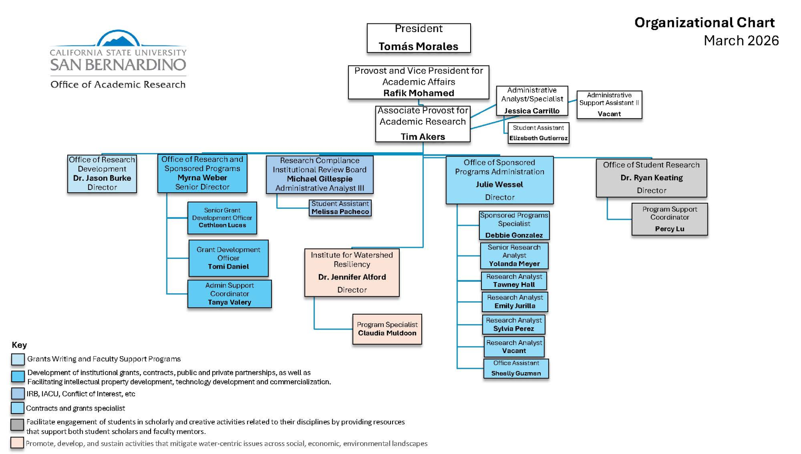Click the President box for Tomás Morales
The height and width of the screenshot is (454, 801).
click(418, 38)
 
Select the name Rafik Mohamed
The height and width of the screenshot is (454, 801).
click(418, 93)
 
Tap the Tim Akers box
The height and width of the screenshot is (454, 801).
click(423, 124)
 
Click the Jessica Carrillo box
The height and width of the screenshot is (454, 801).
click(532, 101)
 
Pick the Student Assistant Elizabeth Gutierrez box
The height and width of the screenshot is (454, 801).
click(538, 133)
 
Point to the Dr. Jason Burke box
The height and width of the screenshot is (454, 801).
click(102, 174)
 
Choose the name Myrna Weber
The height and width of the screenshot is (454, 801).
click(202, 178)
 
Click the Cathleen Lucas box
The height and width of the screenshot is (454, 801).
click(222, 218)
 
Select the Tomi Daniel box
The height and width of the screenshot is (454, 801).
click(228, 258)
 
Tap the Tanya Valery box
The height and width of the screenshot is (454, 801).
click(229, 294)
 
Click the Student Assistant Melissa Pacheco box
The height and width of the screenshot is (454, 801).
click(340, 208)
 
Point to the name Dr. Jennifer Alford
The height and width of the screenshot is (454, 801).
click(352, 277)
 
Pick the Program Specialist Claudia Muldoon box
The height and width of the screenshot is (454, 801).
click(387, 329)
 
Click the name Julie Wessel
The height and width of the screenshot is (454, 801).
click(499, 184)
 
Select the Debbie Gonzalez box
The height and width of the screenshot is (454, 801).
click(514, 225)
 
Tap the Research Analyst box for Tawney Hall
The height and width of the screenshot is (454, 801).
click(514, 281)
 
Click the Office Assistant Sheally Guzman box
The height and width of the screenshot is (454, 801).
click(516, 368)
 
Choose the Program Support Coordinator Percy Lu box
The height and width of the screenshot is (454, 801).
click(669, 219)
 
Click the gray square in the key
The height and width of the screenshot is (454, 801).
click(17, 425)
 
